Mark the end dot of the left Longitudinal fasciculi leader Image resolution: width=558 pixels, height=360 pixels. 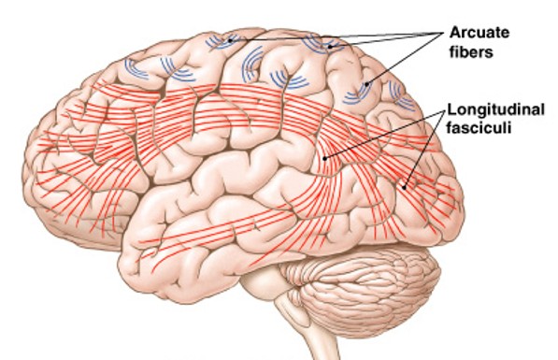click(322, 159)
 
